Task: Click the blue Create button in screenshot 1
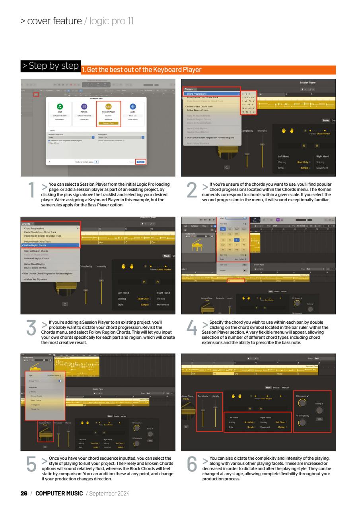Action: click(x=141, y=162)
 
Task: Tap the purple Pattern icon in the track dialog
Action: click(x=84, y=107)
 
